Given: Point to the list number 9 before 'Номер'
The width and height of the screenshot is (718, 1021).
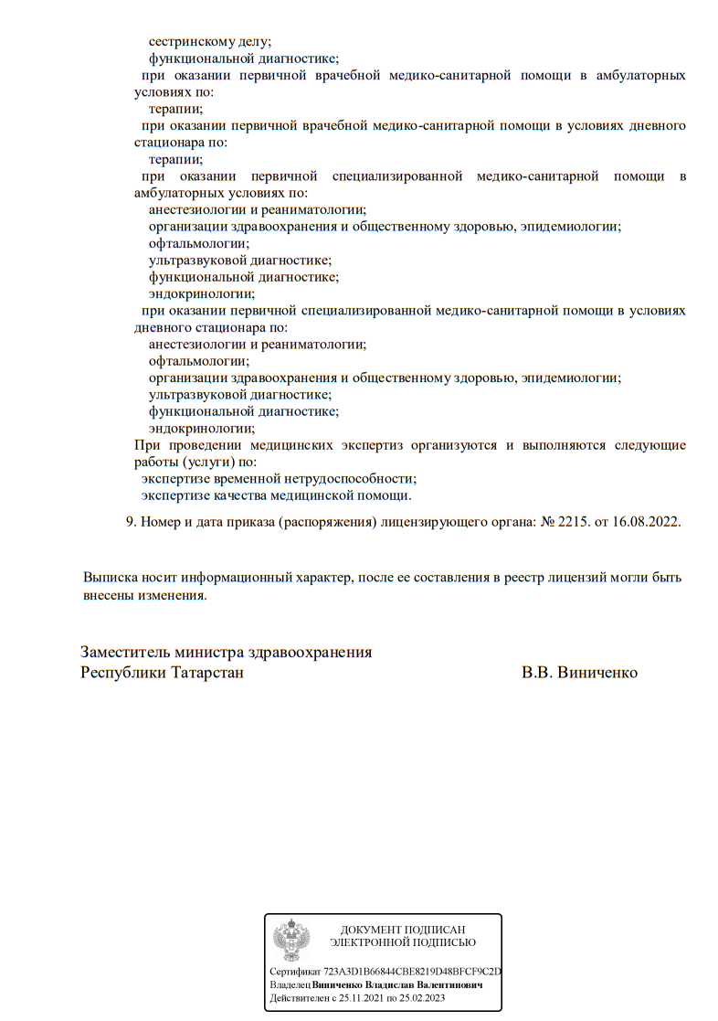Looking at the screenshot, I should coord(129,522).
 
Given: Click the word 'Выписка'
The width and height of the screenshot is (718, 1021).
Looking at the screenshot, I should coord(111,579).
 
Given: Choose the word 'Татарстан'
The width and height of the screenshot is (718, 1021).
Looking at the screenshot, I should coord(206,673).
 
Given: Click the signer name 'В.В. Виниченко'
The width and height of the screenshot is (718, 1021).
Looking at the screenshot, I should coord(579,673).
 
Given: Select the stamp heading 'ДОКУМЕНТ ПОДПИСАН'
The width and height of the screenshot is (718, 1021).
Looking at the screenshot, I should coord(402,929).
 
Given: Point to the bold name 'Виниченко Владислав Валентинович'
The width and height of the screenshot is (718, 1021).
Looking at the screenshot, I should coord(397,985).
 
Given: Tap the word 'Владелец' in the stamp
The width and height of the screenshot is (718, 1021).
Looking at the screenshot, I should coord(290,985).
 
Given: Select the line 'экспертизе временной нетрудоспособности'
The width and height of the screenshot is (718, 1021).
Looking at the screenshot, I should coord(279,478).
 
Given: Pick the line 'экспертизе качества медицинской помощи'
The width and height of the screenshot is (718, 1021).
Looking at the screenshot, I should coord(276,495).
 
